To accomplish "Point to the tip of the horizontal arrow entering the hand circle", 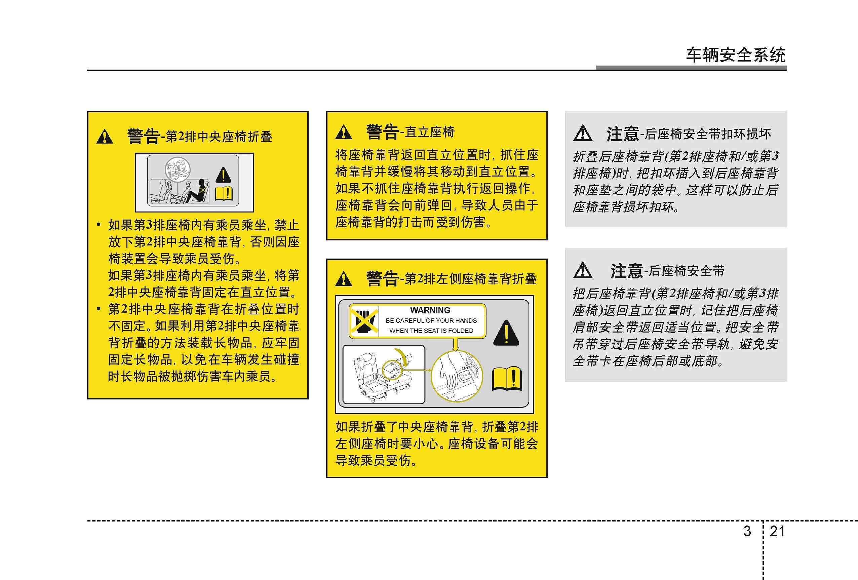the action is point(432,370).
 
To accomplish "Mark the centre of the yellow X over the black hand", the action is point(364,320).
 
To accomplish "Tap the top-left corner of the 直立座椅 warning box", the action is point(327,112).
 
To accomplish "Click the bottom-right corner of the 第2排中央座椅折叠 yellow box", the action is point(308,399).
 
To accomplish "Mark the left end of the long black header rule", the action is point(87,70).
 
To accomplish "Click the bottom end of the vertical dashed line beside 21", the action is point(763,579).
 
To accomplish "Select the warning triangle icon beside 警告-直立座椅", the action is point(344,132).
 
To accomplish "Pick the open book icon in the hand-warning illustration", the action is point(507,378).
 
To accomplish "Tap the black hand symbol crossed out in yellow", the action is point(364,320).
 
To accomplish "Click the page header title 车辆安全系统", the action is point(736,55).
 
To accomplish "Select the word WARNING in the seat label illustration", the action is point(430,310).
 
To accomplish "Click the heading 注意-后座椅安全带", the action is point(667,271).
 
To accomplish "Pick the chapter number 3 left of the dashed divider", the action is point(747,531).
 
